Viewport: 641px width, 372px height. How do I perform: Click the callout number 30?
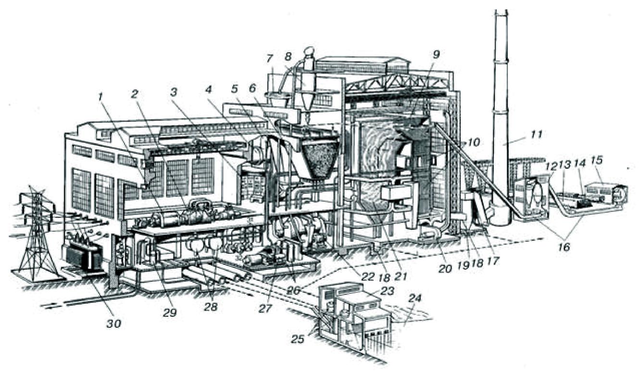click(x=114, y=323)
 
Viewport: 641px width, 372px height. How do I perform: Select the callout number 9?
click(x=437, y=54)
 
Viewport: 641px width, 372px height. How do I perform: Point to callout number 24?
click(x=415, y=298)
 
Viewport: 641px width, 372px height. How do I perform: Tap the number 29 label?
click(x=170, y=313)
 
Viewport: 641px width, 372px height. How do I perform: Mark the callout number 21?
click(x=401, y=277)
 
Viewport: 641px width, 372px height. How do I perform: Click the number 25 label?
click(x=298, y=338)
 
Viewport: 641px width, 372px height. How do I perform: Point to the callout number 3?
click(x=174, y=92)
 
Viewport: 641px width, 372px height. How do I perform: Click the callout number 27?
click(x=265, y=309)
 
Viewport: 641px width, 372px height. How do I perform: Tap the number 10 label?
click(x=473, y=142)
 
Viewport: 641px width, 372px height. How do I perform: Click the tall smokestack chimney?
click(x=500, y=117)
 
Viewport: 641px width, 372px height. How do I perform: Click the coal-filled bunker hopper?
click(x=319, y=159)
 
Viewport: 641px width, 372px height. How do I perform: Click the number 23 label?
click(x=387, y=291)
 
